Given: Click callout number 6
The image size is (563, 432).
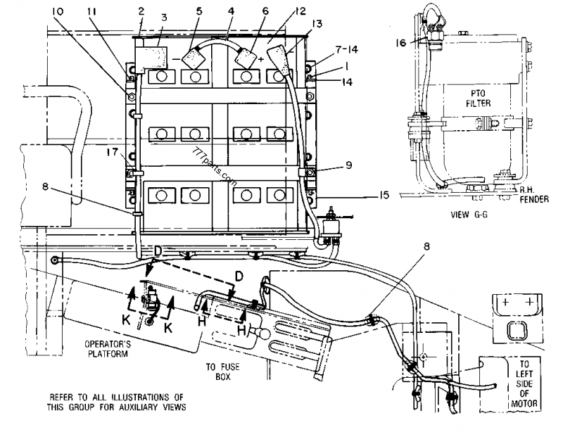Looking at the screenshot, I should (246, 13).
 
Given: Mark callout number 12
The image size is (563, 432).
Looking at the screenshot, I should (281, 13).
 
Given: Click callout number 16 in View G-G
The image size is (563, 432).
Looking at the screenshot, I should (401, 42).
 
